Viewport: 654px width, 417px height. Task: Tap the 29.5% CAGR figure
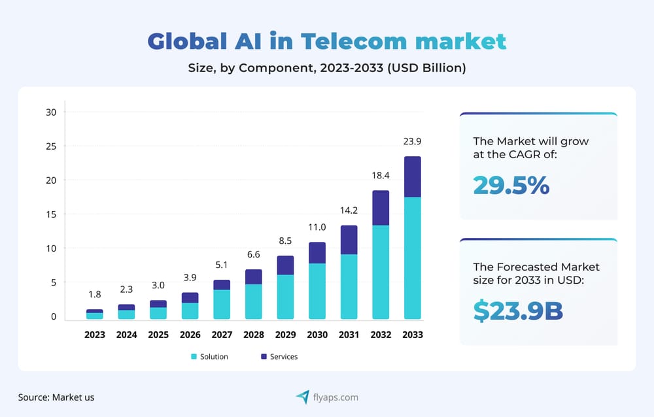click(511, 186)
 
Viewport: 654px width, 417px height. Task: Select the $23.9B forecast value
click(518, 311)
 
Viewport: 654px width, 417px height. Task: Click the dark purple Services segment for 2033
click(412, 176)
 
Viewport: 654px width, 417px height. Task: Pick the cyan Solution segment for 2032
click(381, 272)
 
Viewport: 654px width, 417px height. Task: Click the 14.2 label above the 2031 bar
click(349, 210)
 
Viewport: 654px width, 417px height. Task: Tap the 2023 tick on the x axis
click(95, 335)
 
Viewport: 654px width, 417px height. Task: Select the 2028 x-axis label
click(254, 335)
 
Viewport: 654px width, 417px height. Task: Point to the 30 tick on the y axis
click(51, 112)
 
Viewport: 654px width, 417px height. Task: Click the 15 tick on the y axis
click(51, 214)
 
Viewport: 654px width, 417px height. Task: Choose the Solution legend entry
click(209, 357)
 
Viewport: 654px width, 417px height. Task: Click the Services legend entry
click(279, 357)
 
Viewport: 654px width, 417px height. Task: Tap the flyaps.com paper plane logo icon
click(302, 397)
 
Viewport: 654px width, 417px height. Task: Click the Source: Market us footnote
click(56, 397)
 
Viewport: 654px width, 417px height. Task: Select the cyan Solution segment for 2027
click(222, 304)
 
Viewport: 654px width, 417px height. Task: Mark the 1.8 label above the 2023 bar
click(95, 294)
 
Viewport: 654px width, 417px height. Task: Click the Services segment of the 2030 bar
click(317, 253)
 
